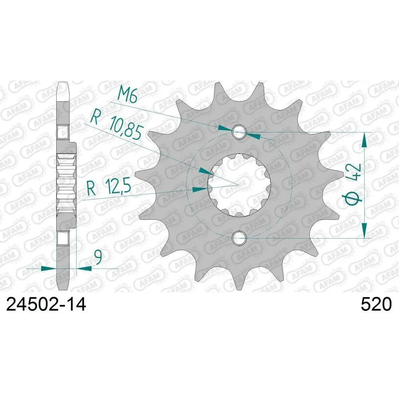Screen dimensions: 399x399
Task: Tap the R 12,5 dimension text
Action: coord(109,188)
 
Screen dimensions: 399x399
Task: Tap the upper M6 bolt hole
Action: coord(239,132)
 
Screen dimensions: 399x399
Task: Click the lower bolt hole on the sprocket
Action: coord(239,238)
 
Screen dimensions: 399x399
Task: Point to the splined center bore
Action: coord(239,185)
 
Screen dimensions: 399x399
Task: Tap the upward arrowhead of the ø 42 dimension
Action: coord(364,140)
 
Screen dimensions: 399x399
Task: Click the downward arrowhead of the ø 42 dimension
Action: coord(364,231)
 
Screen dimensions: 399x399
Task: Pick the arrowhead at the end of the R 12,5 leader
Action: coord(200,188)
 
